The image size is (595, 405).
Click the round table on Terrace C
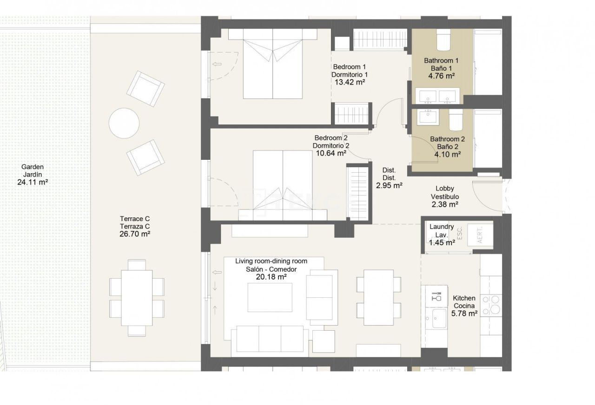[x=124, y=124]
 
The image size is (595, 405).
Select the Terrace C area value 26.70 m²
[x=135, y=234]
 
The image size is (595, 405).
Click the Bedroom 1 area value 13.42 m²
[x=350, y=82]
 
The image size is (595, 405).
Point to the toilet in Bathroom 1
[x=443, y=40]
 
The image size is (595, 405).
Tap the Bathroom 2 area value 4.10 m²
[x=447, y=155]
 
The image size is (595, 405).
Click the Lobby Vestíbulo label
[x=444, y=193]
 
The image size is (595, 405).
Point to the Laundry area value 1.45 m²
[x=442, y=242]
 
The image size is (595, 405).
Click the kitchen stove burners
[x=491, y=305]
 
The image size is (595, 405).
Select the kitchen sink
[x=439, y=319]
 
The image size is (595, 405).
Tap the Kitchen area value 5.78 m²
[x=465, y=314]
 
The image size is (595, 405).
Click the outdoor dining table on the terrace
[x=137, y=298]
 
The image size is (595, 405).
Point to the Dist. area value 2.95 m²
[x=389, y=185]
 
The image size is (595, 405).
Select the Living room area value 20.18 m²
[x=271, y=277]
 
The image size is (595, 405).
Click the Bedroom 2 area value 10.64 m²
[x=331, y=153]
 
